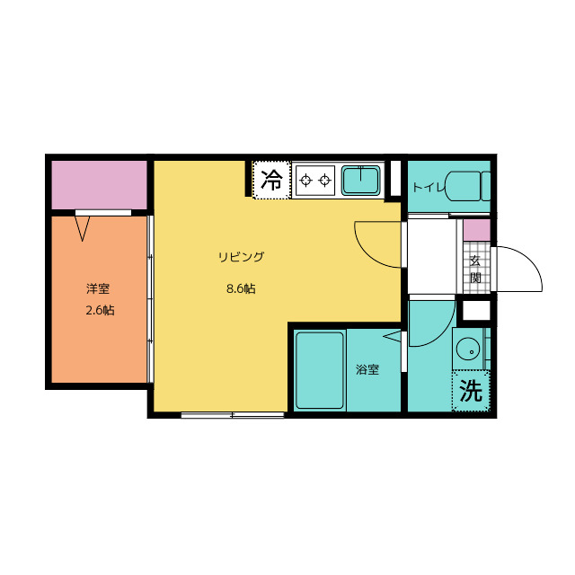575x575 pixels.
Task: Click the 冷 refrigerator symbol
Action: click(271, 180)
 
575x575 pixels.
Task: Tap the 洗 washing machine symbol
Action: click(471, 391)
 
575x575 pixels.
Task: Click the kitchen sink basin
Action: click(361, 180)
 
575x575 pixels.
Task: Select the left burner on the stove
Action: click(305, 181)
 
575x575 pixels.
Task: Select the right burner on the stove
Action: click(324, 181)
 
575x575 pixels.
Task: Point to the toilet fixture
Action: click(468, 186)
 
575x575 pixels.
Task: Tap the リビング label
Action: click(241, 257)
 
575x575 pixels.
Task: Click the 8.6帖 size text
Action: click(241, 288)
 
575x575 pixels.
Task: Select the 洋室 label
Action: click(98, 288)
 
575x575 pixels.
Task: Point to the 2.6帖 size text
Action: click(100, 310)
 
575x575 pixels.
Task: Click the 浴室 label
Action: click(367, 369)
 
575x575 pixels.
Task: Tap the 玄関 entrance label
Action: click(475, 270)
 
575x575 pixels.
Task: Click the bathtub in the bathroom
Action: click(320, 370)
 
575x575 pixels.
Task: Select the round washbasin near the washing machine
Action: click(468, 349)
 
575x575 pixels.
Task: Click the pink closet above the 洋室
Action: click(100, 185)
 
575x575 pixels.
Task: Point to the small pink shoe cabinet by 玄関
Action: click(477, 230)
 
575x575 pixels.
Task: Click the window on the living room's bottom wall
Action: click(233, 415)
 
